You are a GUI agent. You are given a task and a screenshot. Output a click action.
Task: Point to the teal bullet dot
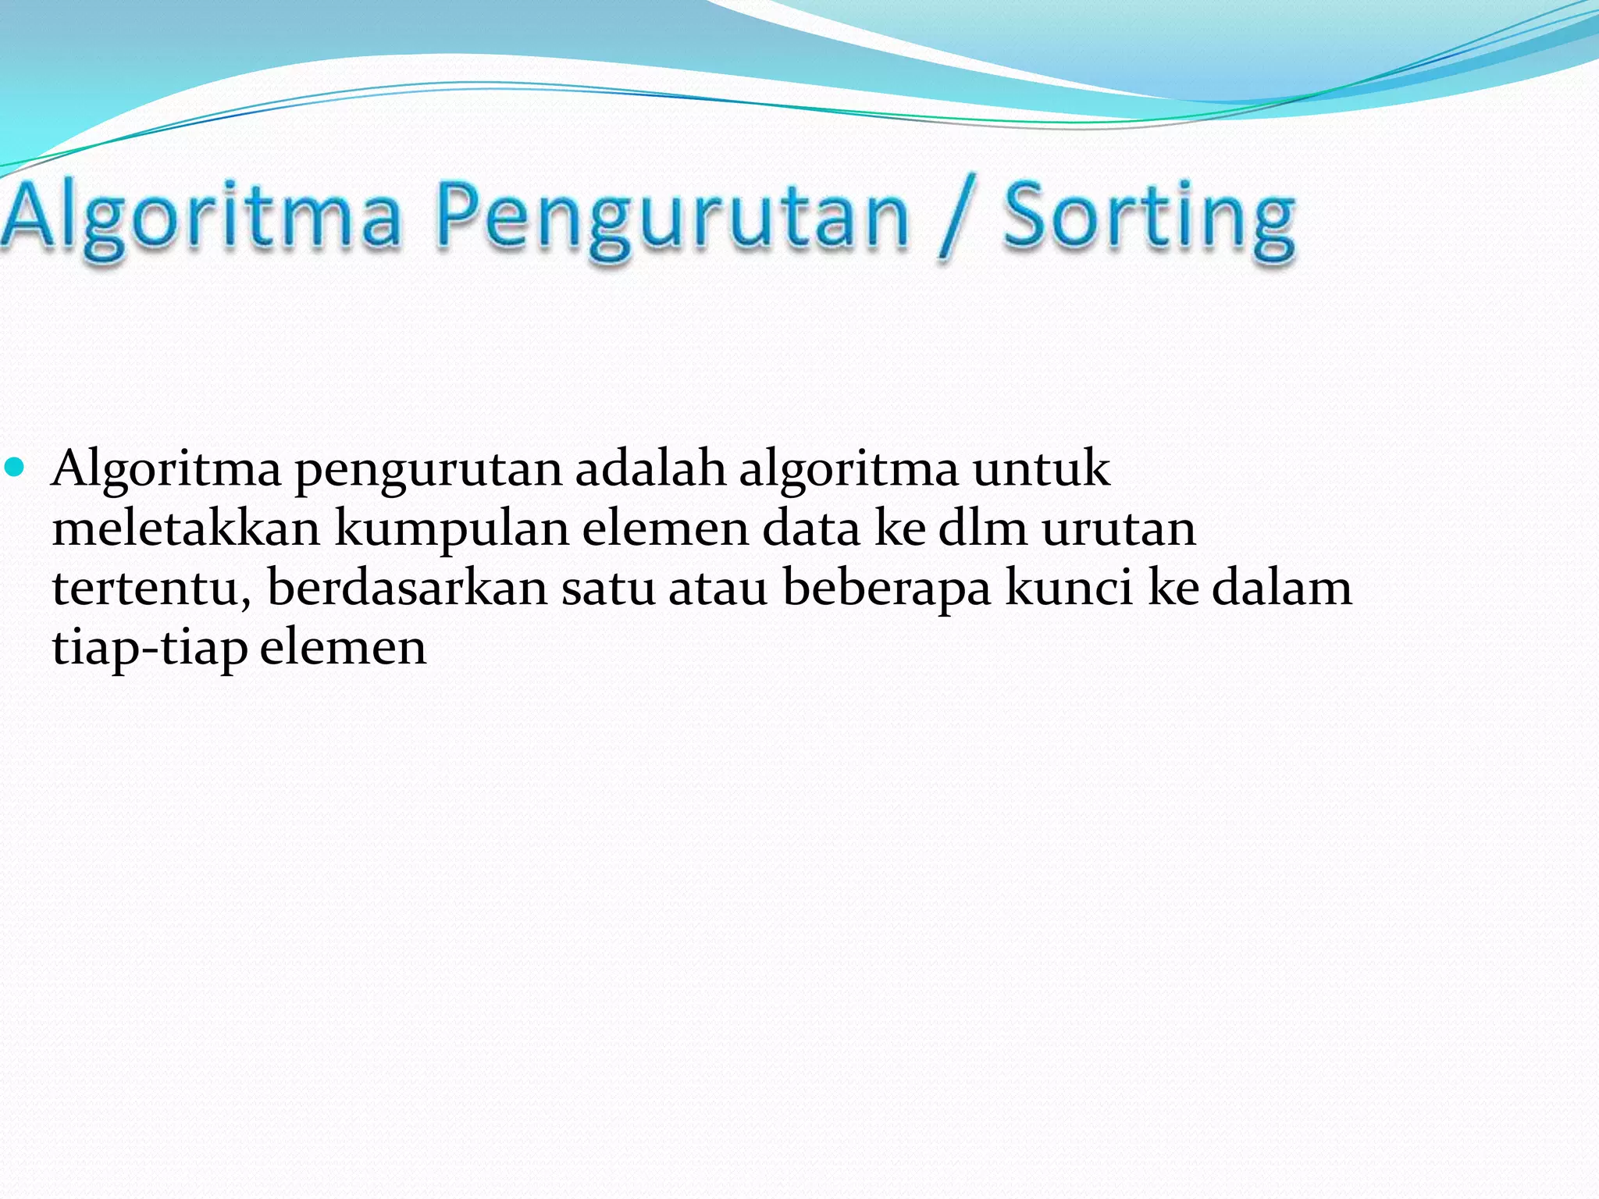(x=15, y=468)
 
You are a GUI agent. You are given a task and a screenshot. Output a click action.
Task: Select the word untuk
(x=1041, y=470)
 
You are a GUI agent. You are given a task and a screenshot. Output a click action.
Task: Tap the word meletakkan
(x=187, y=529)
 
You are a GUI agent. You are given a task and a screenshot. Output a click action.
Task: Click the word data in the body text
(x=811, y=529)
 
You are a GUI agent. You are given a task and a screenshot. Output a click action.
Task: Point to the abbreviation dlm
(x=982, y=529)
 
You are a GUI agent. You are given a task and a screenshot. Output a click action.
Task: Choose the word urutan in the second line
(x=1119, y=529)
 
